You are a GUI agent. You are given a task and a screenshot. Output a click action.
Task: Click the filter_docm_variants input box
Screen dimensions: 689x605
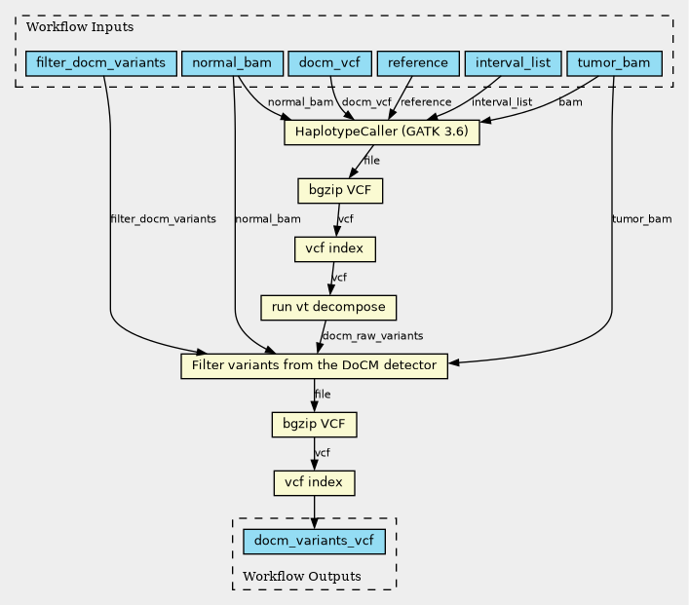[101, 63]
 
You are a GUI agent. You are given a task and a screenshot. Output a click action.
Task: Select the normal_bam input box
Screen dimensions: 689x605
[232, 63]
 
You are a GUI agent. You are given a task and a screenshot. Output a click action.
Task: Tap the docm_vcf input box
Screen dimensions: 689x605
[329, 63]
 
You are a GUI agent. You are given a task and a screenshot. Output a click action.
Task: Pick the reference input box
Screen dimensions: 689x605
[418, 63]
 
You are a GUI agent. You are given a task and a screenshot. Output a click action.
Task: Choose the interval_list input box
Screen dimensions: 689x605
[513, 63]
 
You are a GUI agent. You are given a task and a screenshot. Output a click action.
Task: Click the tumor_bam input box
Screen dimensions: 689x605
[614, 63]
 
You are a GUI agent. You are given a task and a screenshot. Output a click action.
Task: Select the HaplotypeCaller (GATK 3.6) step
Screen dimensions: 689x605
[381, 132]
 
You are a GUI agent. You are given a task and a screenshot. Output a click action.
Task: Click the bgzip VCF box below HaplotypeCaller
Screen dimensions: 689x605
[340, 191]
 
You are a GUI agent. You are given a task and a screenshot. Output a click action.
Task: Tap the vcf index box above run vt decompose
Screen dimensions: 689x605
[335, 249]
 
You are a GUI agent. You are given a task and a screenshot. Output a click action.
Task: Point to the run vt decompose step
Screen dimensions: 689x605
[328, 308]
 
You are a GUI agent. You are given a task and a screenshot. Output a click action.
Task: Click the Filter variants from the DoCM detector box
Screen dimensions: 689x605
[314, 366]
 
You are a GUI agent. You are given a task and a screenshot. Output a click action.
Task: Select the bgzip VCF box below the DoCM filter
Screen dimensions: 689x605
[314, 425]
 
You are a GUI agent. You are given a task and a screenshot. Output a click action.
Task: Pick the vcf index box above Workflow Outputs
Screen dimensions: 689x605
[314, 483]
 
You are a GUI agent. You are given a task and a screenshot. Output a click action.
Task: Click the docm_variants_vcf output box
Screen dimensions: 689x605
[314, 542]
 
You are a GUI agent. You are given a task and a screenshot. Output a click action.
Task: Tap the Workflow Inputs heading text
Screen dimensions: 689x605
[80, 27]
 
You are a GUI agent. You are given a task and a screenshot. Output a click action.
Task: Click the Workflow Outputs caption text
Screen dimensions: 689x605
[302, 576]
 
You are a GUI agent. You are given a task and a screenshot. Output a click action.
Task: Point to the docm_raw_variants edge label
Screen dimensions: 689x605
[372, 336]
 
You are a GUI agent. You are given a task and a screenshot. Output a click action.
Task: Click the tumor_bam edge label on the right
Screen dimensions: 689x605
[641, 219]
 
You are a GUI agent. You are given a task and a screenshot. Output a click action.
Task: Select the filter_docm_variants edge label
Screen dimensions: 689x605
[163, 219]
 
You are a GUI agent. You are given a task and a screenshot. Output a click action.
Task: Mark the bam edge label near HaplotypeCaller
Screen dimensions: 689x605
[570, 102]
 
